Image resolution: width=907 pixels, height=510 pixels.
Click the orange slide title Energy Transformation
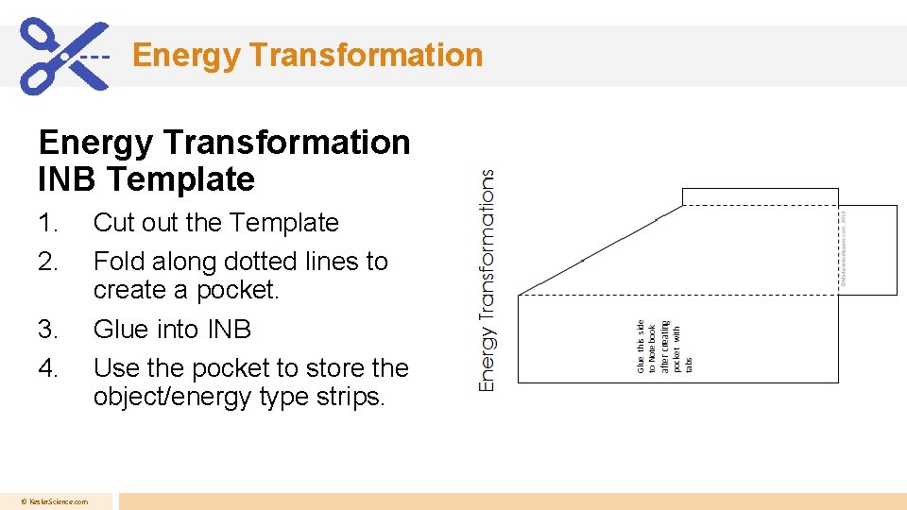[x=307, y=55]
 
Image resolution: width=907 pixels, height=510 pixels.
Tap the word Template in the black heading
[x=180, y=178]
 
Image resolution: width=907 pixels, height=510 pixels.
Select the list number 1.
[x=47, y=223]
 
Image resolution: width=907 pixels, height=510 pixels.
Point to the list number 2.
[x=47, y=262]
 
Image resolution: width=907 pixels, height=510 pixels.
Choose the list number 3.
[x=47, y=330]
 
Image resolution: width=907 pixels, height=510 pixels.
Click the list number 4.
[x=47, y=368]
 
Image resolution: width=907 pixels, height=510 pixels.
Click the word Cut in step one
[x=114, y=223]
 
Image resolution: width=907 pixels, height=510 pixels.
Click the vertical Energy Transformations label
[x=487, y=280]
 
